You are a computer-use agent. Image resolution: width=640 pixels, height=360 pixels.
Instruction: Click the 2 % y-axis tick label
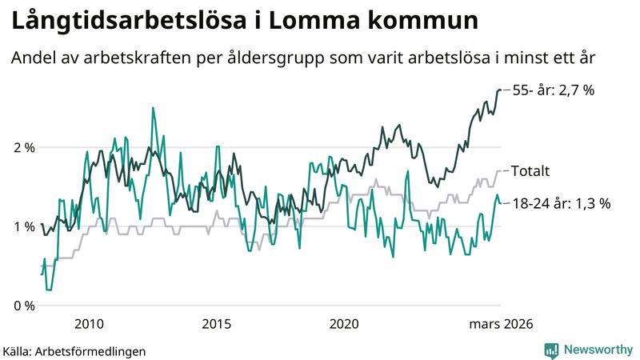coord(25,148)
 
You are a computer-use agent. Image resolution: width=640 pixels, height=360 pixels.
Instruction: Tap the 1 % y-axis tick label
coord(25,226)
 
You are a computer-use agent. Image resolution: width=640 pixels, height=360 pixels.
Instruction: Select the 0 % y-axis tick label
coord(25,306)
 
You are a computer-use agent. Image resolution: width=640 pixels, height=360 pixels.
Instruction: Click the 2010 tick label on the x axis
coord(88,324)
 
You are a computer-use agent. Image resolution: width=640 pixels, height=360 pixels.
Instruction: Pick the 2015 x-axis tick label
coord(216,324)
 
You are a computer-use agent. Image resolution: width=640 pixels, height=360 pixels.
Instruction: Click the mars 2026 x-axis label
coord(501,324)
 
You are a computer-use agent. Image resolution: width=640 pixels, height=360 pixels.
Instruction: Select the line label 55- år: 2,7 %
coord(553,90)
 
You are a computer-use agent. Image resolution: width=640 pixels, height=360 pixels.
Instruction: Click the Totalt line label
coord(530,171)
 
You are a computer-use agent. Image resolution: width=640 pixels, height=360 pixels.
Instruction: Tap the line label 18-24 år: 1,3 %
coord(561,203)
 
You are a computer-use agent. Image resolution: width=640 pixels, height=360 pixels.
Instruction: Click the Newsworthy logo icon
coord(552,350)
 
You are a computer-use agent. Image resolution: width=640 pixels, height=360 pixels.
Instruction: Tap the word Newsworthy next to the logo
coord(598,350)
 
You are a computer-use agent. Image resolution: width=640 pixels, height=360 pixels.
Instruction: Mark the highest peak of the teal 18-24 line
coord(153,108)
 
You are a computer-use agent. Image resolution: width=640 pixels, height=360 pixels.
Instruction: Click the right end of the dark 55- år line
coord(501,90)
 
